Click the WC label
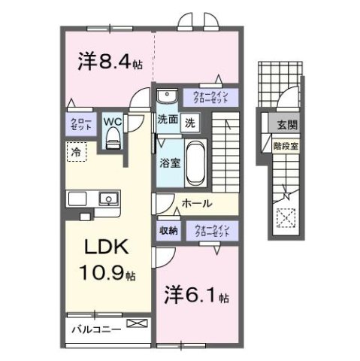113,120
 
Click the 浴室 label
168,163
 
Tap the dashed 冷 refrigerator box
76,153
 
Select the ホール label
197,204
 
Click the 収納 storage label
168,230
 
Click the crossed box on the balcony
138,323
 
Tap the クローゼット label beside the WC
83,125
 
